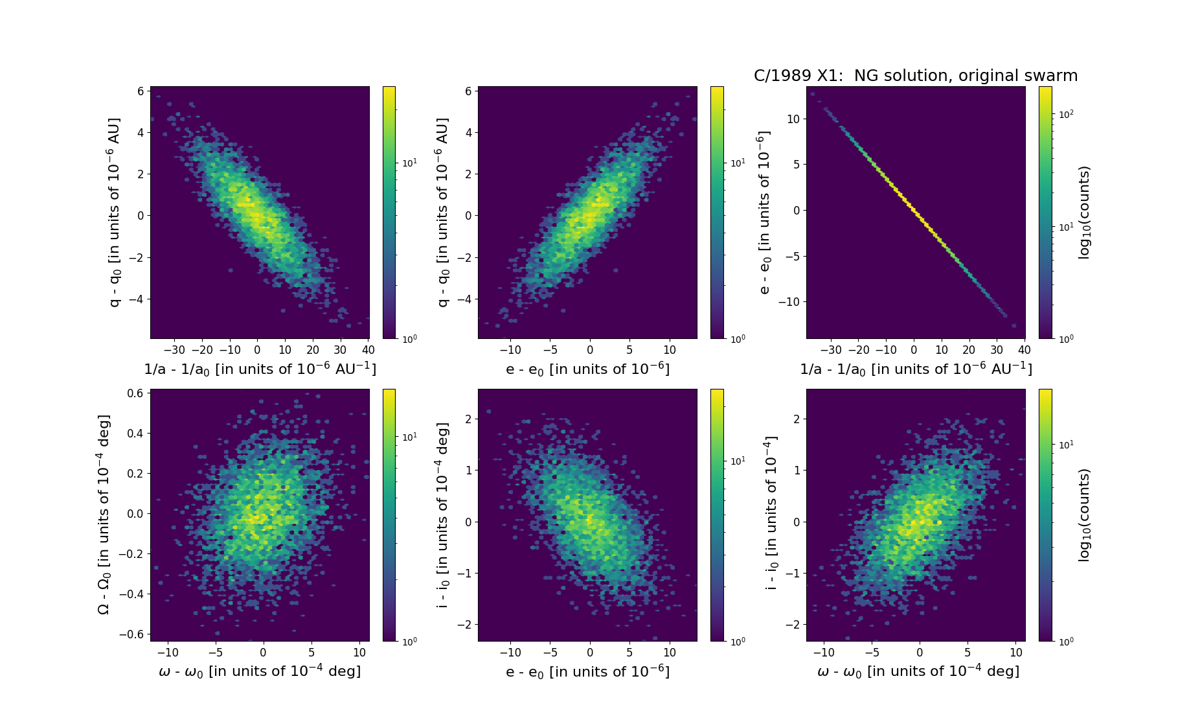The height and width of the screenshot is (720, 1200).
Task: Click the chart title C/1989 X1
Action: click(x=915, y=76)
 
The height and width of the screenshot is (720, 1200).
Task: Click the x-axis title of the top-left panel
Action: click(x=260, y=369)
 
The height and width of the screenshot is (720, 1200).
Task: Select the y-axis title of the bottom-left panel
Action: click(x=104, y=515)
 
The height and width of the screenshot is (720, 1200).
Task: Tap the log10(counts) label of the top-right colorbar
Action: click(x=1084, y=213)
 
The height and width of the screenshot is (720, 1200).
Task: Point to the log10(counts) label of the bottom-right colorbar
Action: click(x=1084, y=515)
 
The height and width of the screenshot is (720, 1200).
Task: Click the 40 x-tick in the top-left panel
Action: click(x=367, y=350)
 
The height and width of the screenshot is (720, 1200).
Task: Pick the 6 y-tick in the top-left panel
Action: click(x=140, y=91)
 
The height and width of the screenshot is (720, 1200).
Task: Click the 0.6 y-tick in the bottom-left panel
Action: click(x=135, y=393)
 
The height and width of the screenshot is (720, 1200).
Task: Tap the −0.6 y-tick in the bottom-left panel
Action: click(x=131, y=634)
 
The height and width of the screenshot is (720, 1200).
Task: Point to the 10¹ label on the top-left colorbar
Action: click(x=409, y=163)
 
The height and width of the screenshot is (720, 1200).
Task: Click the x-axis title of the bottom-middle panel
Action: click(x=587, y=671)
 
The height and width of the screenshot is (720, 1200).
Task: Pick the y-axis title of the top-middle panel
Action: click(x=442, y=213)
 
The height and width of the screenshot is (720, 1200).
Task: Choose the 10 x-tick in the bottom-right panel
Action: click(x=1017, y=653)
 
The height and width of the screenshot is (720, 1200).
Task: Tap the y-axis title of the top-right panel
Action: click(x=765, y=213)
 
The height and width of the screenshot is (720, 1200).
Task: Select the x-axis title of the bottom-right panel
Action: click(x=918, y=671)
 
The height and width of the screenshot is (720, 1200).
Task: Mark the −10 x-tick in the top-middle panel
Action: click(x=510, y=350)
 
